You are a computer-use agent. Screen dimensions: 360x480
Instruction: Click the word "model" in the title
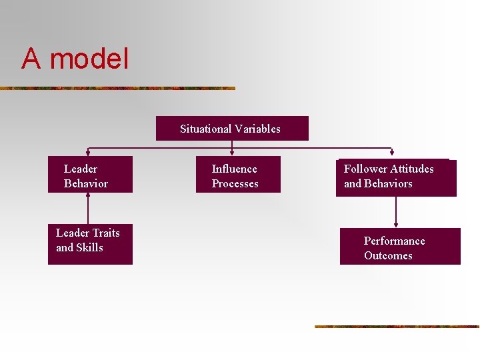coord(89,59)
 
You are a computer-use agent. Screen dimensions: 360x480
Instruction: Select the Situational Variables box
coord(232,128)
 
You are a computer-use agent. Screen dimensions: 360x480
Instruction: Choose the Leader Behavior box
coord(90,175)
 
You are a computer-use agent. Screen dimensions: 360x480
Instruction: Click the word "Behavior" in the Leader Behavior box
coord(86,183)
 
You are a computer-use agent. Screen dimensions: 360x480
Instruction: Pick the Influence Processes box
coord(238,175)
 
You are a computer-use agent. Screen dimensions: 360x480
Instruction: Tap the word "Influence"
coord(234,169)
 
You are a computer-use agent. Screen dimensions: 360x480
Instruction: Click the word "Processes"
coord(235,183)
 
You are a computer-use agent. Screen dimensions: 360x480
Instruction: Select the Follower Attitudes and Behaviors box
coord(396,177)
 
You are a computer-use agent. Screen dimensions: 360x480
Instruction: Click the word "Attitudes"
coord(412,169)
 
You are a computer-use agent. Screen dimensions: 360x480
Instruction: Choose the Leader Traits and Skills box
coord(90,244)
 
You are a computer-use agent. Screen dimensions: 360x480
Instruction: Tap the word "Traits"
coord(106,233)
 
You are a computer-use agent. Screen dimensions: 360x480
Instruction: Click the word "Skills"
coord(89,247)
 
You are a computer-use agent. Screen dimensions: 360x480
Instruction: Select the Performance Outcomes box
coord(400,247)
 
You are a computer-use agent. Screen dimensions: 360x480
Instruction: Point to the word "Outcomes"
coord(388,255)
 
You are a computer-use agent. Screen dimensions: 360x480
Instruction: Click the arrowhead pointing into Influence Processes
coord(231,153)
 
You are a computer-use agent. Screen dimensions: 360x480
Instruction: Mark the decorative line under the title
coord(117,88)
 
